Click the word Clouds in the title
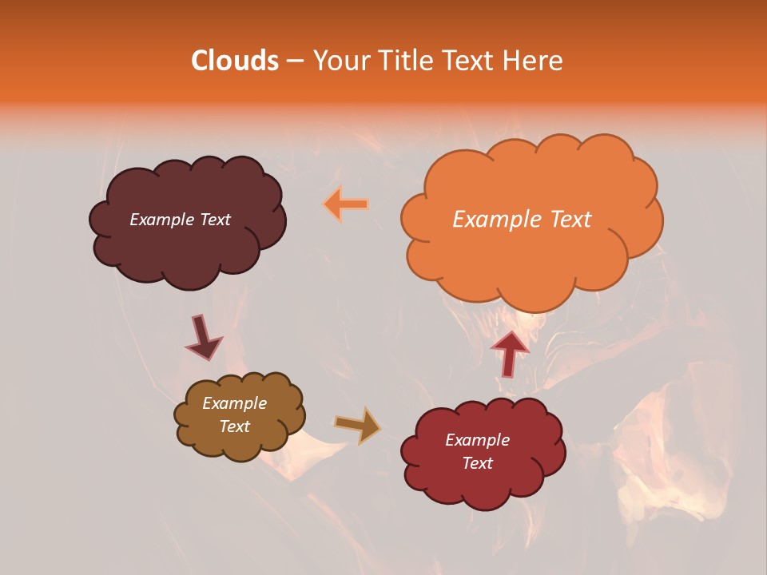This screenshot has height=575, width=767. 235,61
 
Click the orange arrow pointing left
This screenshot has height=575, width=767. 346,204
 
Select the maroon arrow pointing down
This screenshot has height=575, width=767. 204,337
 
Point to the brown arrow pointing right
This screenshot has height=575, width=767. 358,426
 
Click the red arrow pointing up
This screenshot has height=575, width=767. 510,352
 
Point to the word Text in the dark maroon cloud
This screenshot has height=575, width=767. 215,220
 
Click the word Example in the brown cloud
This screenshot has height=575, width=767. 235,403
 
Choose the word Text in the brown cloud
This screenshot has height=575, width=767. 235,426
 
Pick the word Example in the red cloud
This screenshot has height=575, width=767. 477,440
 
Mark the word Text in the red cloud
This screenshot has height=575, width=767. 477,463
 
